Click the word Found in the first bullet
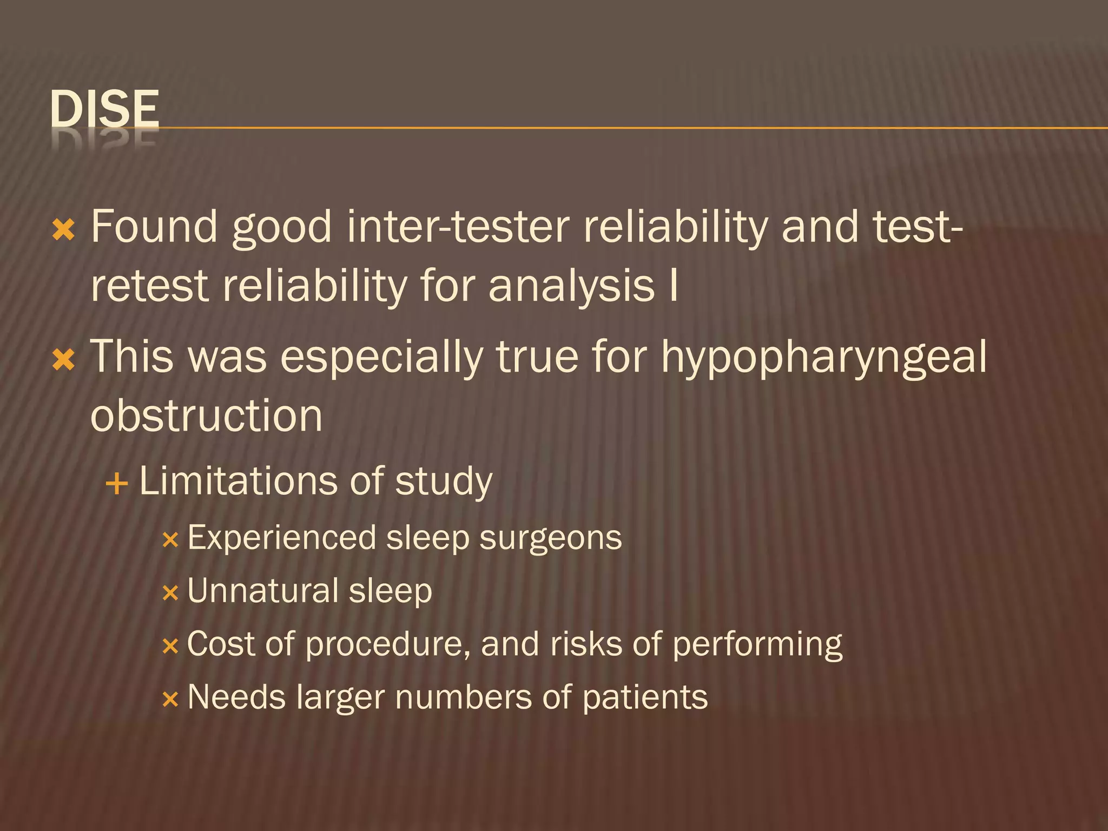(x=154, y=227)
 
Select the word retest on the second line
(x=149, y=287)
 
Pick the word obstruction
(x=206, y=417)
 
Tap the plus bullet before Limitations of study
(x=117, y=483)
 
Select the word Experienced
(x=282, y=538)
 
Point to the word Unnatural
(x=262, y=591)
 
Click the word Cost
(x=221, y=644)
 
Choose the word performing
(x=757, y=645)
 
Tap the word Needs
(x=236, y=697)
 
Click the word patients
(x=645, y=698)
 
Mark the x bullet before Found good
(x=63, y=231)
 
